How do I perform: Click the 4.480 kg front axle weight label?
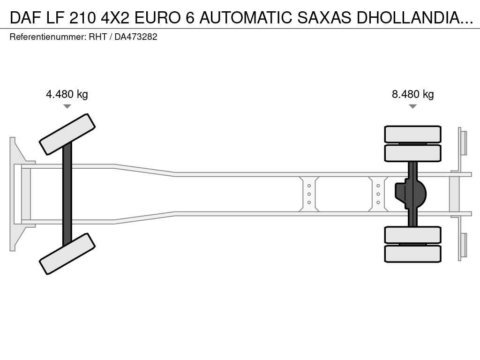[x=67, y=94]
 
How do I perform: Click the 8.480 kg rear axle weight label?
[x=412, y=94]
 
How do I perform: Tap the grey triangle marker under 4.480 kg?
[x=67, y=106]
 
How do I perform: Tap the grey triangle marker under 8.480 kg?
[x=412, y=106]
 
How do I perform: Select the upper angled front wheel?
[x=67, y=135]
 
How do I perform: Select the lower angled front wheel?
[x=67, y=254]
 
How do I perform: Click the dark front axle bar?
[x=67, y=194]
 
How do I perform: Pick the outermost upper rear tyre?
[x=412, y=134]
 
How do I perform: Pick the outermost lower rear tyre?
[x=412, y=254]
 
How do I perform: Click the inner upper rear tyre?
[x=412, y=153]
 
